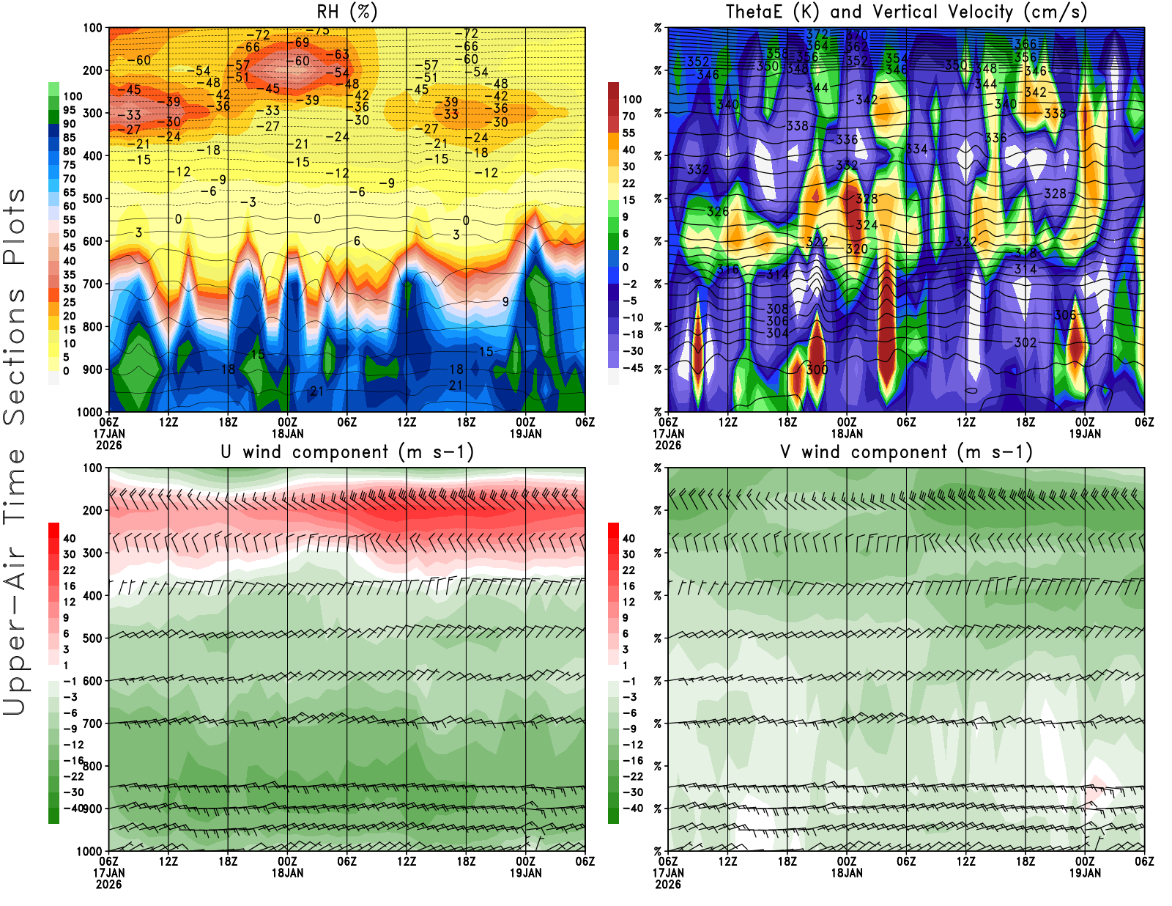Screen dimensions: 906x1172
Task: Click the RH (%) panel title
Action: [x=346, y=12]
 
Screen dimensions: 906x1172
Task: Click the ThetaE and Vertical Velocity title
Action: [x=906, y=12]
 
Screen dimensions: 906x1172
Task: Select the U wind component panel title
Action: [x=346, y=452]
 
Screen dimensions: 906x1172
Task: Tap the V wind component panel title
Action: [x=906, y=452]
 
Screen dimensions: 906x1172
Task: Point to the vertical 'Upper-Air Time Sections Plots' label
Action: [x=15, y=451]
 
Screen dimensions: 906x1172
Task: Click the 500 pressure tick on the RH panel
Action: [x=93, y=199]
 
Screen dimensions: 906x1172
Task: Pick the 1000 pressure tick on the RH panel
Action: [x=90, y=412]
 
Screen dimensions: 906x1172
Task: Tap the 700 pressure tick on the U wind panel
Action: [x=93, y=723]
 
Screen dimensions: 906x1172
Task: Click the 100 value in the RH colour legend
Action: [x=73, y=96]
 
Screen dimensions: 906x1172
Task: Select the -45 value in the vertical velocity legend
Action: [x=632, y=368]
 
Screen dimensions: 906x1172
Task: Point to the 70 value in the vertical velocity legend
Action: [x=628, y=116]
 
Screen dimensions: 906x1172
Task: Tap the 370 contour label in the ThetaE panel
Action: [x=856, y=35]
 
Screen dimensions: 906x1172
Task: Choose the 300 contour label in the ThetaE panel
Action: [x=817, y=369]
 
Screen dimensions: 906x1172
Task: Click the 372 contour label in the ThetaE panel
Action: [x=817, y=34]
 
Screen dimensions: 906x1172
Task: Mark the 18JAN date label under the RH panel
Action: [x=287, y=433]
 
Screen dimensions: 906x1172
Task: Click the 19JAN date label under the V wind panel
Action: [x=1085, y=873]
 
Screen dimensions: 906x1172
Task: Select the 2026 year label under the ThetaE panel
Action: [x=668, y=445]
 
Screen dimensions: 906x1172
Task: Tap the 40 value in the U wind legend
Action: [x=69, y=538]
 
